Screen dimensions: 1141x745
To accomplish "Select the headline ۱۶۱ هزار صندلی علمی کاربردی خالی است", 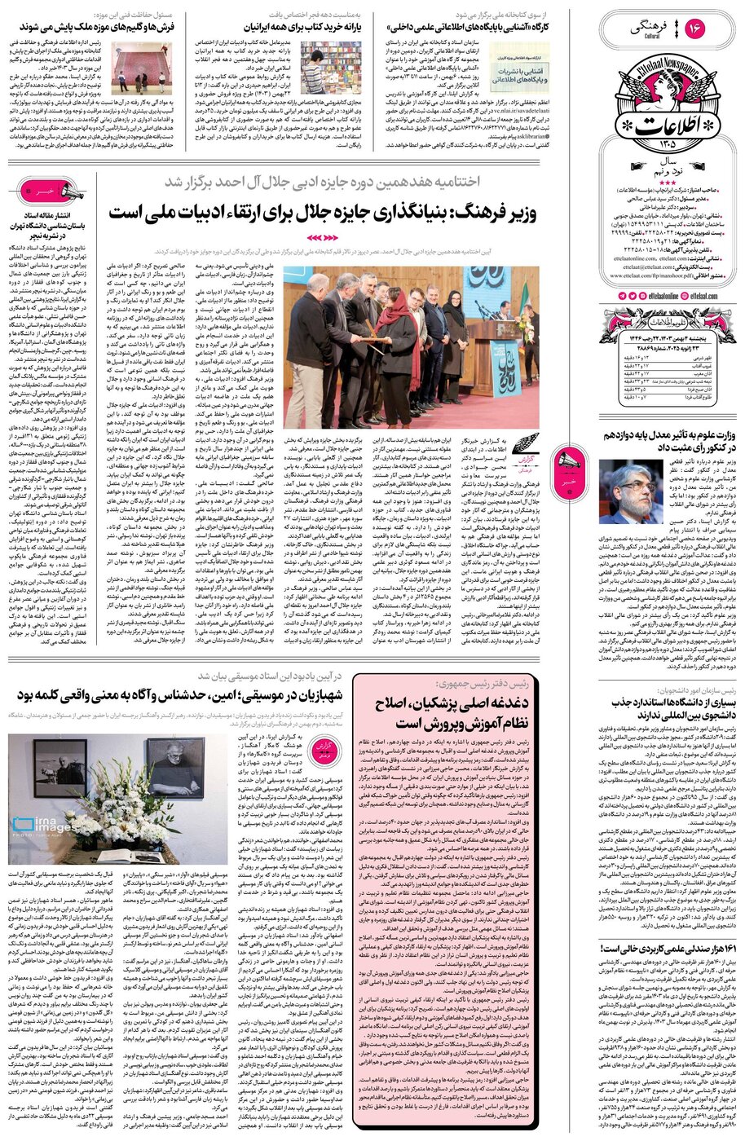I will coord(668,949).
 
